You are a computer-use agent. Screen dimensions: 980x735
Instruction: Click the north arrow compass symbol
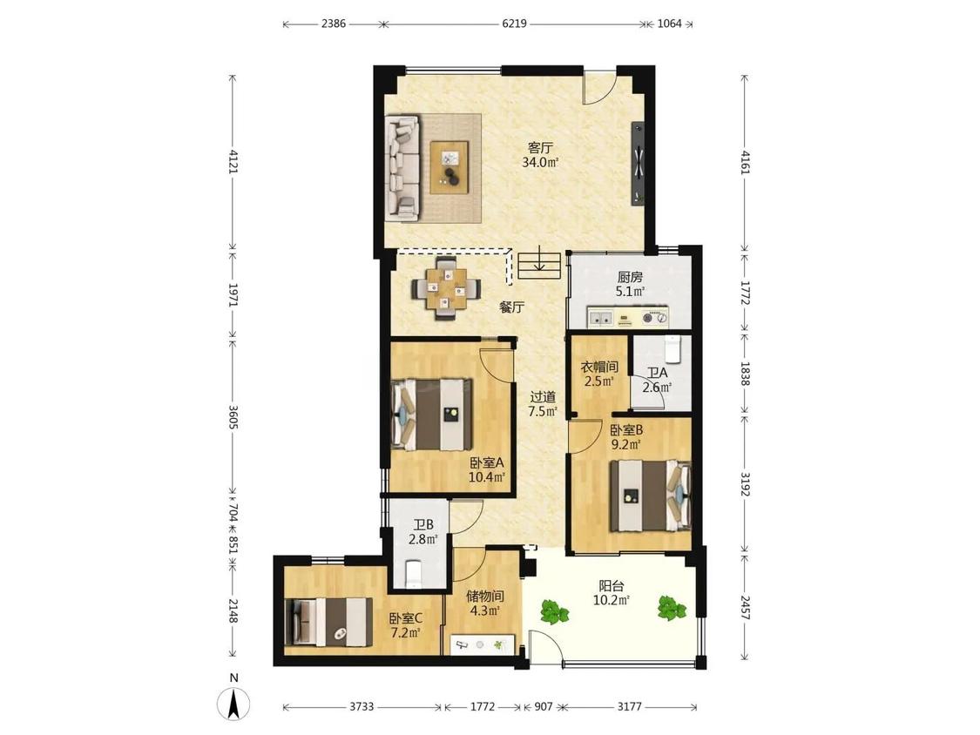click(233, 702)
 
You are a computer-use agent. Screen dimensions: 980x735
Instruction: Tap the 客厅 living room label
click(540, 148)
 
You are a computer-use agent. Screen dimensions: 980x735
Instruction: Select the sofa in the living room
click(402, 167)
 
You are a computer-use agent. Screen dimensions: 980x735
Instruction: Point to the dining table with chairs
click(446, 289)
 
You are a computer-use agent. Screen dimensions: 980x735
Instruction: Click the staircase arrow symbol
click(539, 265)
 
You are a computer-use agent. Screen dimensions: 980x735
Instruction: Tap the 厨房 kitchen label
click(629, 277)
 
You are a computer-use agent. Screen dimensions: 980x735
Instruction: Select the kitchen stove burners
click(656, 318)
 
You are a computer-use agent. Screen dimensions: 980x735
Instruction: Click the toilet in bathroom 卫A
click(672, 349)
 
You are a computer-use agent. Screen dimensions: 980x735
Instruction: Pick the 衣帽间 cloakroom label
click(599, 367)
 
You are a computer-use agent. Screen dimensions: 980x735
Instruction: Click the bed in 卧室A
click(431, 414)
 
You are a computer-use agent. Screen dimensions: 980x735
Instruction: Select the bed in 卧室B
click(651, 496)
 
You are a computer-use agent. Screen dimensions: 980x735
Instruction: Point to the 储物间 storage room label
click(485, 597)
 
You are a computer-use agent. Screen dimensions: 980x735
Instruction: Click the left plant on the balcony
click(554, 612)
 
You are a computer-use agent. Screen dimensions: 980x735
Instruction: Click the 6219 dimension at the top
click(514, 24)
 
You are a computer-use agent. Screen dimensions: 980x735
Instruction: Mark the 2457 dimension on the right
click(745, 606)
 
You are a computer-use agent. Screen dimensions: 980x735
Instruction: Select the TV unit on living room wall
click(639, 163)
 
